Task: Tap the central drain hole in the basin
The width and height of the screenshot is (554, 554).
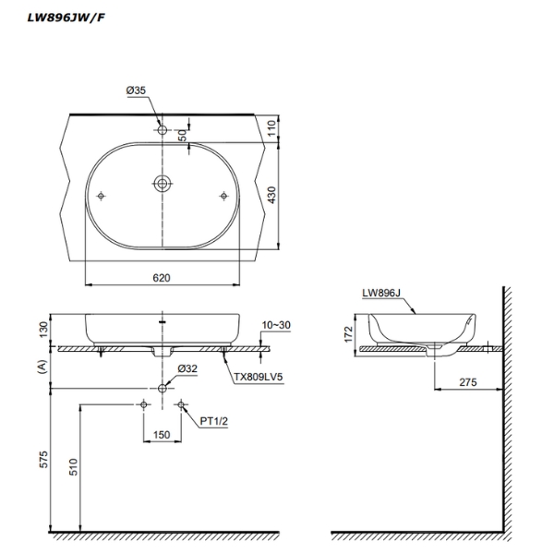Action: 163,184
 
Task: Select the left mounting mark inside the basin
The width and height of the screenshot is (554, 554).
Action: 101,196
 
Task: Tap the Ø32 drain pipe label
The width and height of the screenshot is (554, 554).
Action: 187,368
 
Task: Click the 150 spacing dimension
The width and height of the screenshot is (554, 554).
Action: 163,434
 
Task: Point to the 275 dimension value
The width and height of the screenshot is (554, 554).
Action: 467,379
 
